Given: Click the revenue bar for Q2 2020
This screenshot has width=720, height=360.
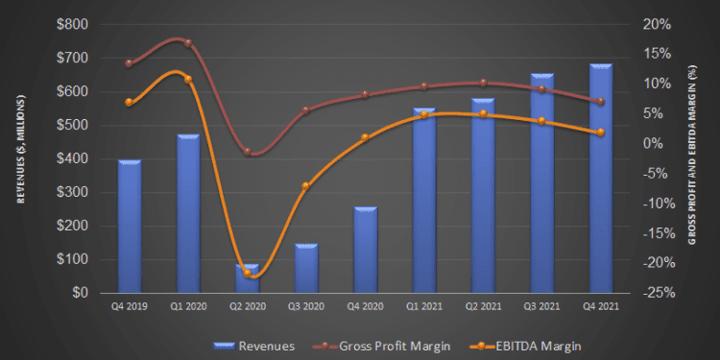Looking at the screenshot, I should (x=248, y=279).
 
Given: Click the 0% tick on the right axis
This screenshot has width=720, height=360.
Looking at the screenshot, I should (x=656, y=143).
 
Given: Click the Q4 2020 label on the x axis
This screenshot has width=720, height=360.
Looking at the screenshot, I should (x=365, y=307).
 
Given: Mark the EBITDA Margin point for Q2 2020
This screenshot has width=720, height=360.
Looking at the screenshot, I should (x=248, y=273).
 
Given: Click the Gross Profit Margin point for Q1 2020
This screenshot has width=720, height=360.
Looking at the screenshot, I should (x=188, y=43).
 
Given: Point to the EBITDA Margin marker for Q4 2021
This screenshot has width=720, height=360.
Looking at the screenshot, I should (x=600, y=132).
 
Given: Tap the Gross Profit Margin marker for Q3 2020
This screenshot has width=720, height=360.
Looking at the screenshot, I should (x=306, y=110).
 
